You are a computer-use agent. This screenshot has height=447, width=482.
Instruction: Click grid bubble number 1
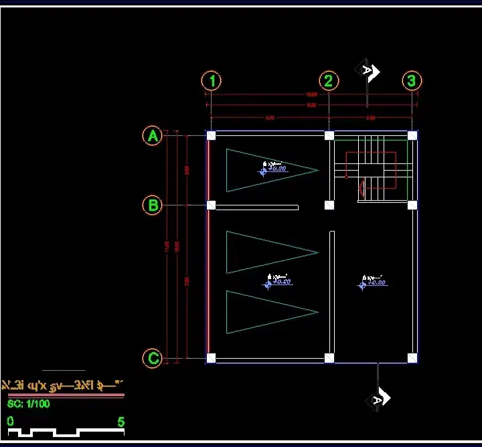coord(212,81)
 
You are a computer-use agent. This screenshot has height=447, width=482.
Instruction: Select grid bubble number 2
coord(328,81)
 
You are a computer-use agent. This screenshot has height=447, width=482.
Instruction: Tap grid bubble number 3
coord(412,81)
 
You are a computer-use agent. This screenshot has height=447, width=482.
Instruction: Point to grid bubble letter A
coord(153,136)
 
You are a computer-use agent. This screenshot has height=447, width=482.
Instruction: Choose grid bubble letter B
coord(153,205)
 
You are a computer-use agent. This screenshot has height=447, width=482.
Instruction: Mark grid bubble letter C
coord(153,358)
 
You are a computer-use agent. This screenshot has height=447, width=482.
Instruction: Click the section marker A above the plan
coord(368,70)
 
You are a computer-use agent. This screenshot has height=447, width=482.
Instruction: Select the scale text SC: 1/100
coord(29,404)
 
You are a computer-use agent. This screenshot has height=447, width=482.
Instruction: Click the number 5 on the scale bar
coord(120,422)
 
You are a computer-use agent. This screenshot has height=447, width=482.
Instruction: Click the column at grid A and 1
coord(212,135)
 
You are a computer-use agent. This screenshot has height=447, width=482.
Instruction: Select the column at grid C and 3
coord(412,358)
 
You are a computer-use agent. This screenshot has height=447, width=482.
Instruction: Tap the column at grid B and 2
coord(329,205)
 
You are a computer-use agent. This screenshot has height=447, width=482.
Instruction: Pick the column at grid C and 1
coord(212,358)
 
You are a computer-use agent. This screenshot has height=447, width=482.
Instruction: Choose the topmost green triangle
coord(264,170)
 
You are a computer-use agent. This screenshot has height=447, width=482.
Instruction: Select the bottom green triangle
coord(264,312)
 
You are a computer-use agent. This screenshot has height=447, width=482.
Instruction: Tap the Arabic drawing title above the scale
coord(64,385)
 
